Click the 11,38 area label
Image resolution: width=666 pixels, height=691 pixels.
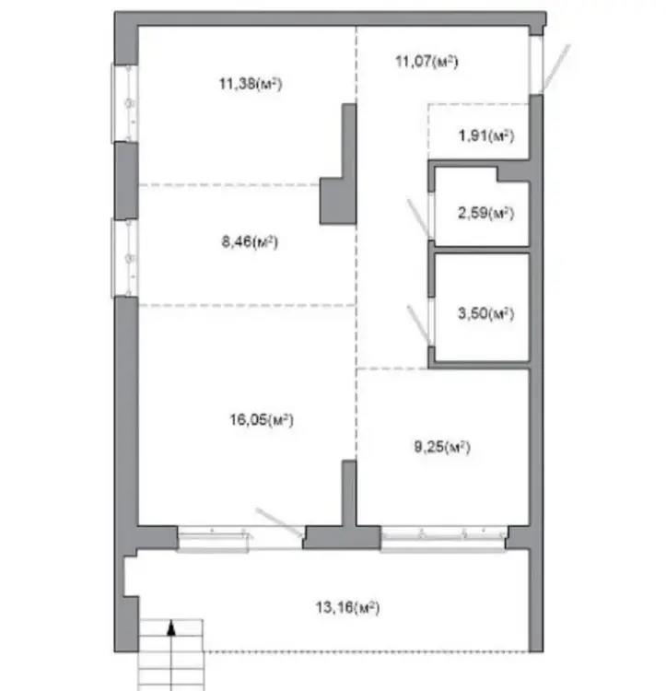point(251,83)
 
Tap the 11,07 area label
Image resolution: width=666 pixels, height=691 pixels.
point(426,61)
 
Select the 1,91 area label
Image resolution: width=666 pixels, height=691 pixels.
point(486,135)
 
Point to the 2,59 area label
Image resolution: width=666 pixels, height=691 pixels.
point(485,213)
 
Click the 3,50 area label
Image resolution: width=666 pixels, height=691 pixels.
point(485,313)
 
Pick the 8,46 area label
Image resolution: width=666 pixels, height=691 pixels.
point(250,241)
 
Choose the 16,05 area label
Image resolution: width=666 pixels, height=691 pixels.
point(262,419)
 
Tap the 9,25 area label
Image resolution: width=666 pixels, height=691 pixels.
point(442,447)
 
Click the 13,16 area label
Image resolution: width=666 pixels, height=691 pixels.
point(347,607)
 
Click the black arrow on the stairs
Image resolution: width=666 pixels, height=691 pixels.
point(171,627)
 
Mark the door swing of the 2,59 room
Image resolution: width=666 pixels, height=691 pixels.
point(418,218)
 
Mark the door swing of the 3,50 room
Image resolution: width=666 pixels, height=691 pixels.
point(418,325)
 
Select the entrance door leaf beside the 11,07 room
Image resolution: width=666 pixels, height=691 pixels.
point(555,68)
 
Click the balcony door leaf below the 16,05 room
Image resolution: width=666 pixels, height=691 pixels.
point(280,522)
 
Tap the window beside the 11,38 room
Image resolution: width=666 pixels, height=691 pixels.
point(124,103)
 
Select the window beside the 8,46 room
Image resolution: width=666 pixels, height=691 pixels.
point(124,258)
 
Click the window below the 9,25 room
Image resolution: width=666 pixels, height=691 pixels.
point(443,539)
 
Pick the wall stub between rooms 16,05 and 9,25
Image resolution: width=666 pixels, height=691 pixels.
point(349,494)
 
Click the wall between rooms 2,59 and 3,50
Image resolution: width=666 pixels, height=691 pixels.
point(480,250)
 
